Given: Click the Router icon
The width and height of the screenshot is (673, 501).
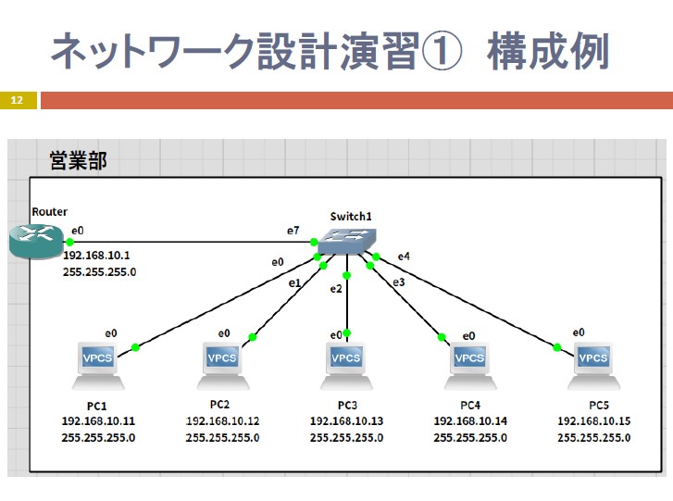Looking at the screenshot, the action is pyautogui.click(x=36, y=243).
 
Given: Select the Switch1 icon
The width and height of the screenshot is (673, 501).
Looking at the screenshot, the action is pyautogui.click(x=347, y=242).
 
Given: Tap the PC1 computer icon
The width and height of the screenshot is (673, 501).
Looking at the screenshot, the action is pyautogui.click(x=98, y=366).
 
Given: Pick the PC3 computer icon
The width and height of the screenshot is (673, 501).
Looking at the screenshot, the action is pyautogui.click(x=346, y=366).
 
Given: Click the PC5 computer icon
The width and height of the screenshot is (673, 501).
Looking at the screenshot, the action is pyautogui.click(x=593, y=366).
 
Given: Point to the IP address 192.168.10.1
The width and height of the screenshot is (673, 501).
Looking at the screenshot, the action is pyautogui.click(x=96, y=256).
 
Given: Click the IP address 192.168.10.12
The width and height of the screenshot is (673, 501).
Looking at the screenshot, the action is pyautogui.click(x=222, y=421).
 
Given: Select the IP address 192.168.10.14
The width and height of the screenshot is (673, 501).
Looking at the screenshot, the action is pyautogui.click(x=470, y=421).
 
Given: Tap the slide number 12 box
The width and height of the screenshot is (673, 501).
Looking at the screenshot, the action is pyautogui.click(x=18, y=100).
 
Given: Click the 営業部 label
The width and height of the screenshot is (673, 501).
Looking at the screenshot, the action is pyautogui.click(x=78, y=160).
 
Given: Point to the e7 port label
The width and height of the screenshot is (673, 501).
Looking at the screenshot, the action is pyautogui.click(x=293, y=231).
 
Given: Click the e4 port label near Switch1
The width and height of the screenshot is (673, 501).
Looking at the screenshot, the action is pyautogui.click(x=404, y=257).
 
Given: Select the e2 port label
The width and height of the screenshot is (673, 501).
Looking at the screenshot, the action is pyautogui.click(x=336, y=289).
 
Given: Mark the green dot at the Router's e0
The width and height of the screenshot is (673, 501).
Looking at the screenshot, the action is pyautogui.click(x=69, y=242).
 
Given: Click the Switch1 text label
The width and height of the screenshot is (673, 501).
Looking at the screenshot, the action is pyautogui.click(x=351, y=217).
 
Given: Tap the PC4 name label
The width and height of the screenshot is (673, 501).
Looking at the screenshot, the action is pyautogui.click(x=470, y=406).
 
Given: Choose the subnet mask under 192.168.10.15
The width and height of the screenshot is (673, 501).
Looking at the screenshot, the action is pyautogui.click(x=594, y=438).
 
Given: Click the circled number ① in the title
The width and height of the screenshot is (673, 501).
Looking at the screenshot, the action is pyautogui.click(x=442, y=51).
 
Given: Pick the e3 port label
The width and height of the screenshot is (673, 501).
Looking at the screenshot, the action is pyautogui.click(x=398, y=282).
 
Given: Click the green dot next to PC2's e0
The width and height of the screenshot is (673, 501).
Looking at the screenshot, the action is pyautogui.click(x=253, y=337).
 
